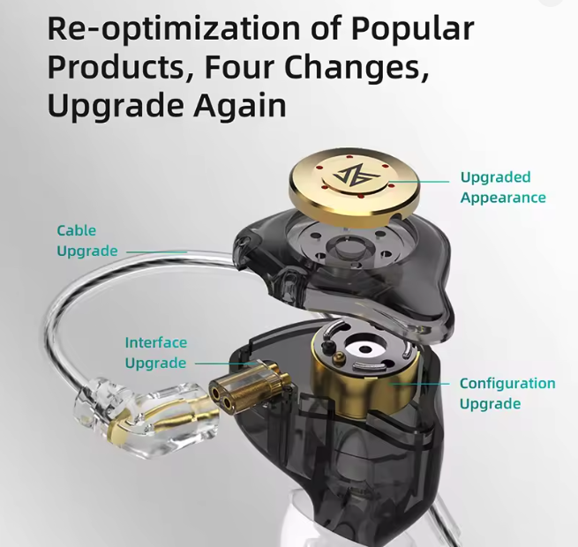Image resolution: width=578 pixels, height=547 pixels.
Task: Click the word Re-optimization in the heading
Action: pyautogui.click(x=174, y=29)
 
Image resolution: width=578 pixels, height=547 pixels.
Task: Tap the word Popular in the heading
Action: pyautogui.click(x=412, y=29)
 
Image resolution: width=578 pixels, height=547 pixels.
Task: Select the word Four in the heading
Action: pyautogui.click(x=240, y=67)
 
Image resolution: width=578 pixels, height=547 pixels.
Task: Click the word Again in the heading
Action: pyautogui.click(x=240, y=107)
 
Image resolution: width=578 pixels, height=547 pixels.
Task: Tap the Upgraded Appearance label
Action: pyautogui.click(x=503, y=187)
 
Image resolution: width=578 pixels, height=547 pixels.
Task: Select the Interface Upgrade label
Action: pyautogui.click(x=156, y=353)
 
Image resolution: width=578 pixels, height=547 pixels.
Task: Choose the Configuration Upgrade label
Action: pyautogui.click(x=507, y=393)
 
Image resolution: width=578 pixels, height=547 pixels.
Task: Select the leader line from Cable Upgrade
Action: pyautogui.click(x=157, y=252)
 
